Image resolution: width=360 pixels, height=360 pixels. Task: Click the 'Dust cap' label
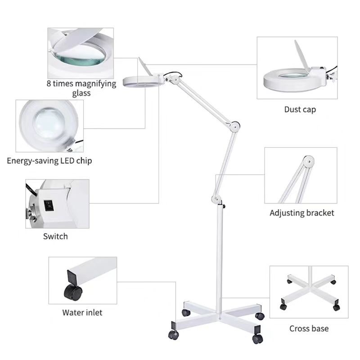[x=300, y=109]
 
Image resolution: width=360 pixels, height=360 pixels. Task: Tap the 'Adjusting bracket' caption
[x=301, y=213]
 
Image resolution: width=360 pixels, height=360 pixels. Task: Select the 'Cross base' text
[x=309, y=328]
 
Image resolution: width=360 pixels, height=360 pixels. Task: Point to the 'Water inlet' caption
[x=82, y=312]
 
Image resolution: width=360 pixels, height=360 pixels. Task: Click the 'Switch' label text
[x=55, y=236]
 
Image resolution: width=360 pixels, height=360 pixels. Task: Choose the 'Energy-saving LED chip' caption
[x=49, y=161]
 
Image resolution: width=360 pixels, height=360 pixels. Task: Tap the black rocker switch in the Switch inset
[x=49, y=205]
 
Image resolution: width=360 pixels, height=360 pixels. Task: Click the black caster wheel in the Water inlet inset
[x=73, y=292]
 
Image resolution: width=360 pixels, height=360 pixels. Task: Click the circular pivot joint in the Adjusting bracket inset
[x=308, y=161]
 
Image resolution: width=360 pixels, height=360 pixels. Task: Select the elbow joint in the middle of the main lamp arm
[x=234, y=126]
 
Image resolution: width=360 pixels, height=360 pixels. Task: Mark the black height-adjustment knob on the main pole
[x=224, y=206]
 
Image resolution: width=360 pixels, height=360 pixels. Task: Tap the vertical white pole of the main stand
[x=220, y=260]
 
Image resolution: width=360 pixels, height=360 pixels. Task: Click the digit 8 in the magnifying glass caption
[x=49, y=83]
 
